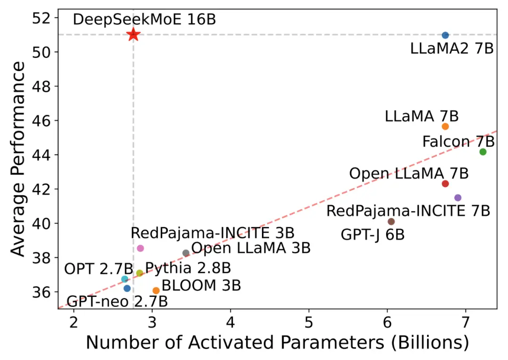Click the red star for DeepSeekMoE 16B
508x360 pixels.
(133, 34)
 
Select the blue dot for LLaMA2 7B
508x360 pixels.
(445, 35)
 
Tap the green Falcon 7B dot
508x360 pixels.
(483, 152)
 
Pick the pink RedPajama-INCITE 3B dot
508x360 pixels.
(140, 248)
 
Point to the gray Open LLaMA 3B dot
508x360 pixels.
(186, 253)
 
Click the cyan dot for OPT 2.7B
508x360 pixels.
(125, 279)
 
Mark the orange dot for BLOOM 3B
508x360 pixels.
(156, 291)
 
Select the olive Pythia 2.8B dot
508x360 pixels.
(139, 273)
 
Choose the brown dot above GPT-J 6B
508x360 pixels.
(391, 222)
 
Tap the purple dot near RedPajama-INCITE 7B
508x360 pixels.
(458, 198)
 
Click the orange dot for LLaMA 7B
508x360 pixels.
(445, 126)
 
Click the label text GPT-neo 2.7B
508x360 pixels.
(117, 302)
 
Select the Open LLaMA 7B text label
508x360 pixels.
(408, 173)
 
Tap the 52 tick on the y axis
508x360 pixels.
(43, 18)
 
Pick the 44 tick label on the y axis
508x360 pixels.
(43, 155)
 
